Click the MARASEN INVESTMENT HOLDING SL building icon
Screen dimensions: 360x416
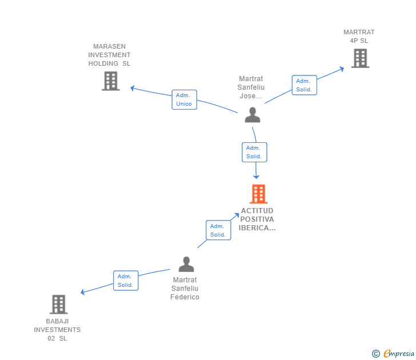click(110, 81)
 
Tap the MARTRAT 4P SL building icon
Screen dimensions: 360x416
click(360, 58)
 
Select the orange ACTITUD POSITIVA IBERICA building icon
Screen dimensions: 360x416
click(258, 194)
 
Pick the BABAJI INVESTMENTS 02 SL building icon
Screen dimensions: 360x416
click(58, 305)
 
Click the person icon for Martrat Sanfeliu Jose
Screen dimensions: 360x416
click(253, 115)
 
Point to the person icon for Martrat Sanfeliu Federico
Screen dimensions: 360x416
click(186, 265)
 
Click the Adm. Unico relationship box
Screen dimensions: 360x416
click(184, 99)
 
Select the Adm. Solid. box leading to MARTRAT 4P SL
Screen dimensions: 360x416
click(304, 85)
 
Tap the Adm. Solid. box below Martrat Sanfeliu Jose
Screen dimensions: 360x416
click(254, 152)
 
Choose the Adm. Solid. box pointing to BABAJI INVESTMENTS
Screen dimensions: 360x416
click(125, 281)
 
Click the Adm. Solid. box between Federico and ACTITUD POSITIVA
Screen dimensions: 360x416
click(218, 230)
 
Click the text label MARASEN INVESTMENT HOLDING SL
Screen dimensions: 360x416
click(109, 55)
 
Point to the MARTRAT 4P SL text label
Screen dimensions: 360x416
click(359, 37)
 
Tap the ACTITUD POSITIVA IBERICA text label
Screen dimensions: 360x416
click(257, 219)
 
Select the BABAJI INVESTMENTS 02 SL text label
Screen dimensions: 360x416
click(57, 330)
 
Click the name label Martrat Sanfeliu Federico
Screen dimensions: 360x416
click(185, 289)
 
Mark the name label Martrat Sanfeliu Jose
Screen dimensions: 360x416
click(251, 87)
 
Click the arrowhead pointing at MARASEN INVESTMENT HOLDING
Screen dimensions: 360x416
click(133, 88)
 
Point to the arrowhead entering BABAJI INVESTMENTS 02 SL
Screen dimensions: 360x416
click(83, 292)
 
